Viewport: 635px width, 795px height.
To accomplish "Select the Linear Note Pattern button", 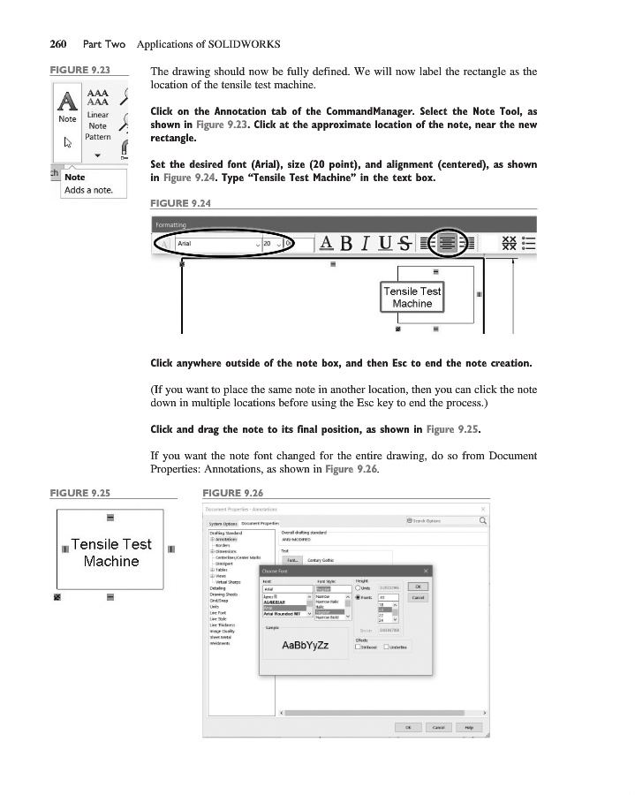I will point(98,126).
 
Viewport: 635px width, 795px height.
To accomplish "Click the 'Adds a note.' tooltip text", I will point(88,192).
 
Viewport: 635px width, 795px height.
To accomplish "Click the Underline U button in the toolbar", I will point(384,243).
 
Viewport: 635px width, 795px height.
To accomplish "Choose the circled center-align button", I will point(450,243).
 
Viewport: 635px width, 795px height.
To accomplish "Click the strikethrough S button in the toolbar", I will point(404,243).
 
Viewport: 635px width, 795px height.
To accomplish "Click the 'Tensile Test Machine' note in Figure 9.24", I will point(412,297).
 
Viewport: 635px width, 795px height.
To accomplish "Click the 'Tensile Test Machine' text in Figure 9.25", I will point(111,552).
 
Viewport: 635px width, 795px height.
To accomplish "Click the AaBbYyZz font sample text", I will point(305,645).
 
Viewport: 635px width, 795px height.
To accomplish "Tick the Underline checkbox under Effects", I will point(387,647).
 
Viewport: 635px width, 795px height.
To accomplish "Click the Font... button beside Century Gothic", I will point(291,559).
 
